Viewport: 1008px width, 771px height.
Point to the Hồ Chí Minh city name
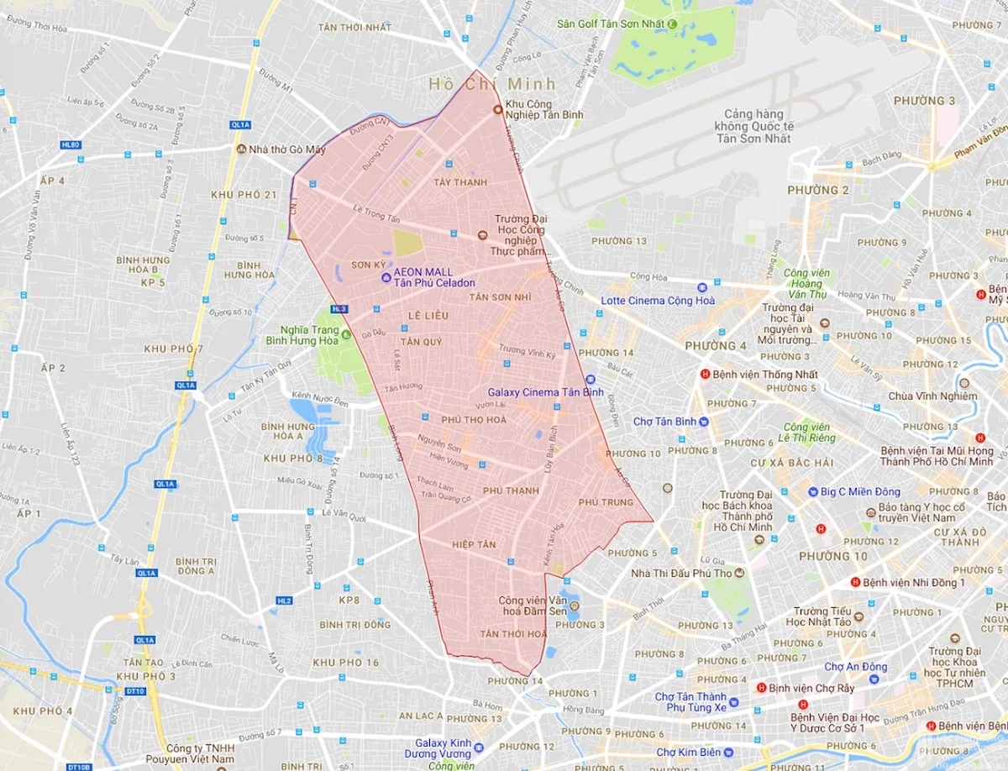(x=492, y=84)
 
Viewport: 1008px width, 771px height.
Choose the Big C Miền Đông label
(x=854, y=491)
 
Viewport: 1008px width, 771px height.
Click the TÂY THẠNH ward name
(x=460, y=182)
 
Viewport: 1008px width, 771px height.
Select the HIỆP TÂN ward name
(x=474, y=545)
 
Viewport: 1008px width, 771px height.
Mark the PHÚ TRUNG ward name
(x=606, y=502)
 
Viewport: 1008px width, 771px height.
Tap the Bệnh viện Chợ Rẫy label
(x=805, y=688)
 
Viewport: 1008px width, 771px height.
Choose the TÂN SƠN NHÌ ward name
(x=500, y=298)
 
